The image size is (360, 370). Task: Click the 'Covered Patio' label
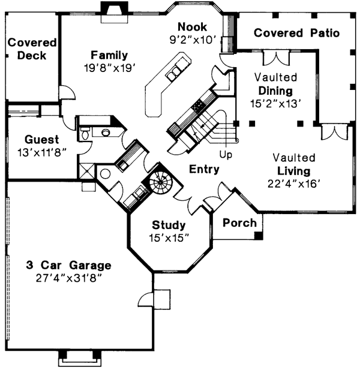coord(296,33)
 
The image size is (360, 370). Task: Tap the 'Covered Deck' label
coord(32,49)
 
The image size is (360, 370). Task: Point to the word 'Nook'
coord(191,27)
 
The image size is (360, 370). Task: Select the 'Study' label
coord(169,225)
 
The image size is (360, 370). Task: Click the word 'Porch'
coord(239,222)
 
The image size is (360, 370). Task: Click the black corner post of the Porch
coord(258,236)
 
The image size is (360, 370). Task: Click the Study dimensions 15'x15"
coord(169,237)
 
